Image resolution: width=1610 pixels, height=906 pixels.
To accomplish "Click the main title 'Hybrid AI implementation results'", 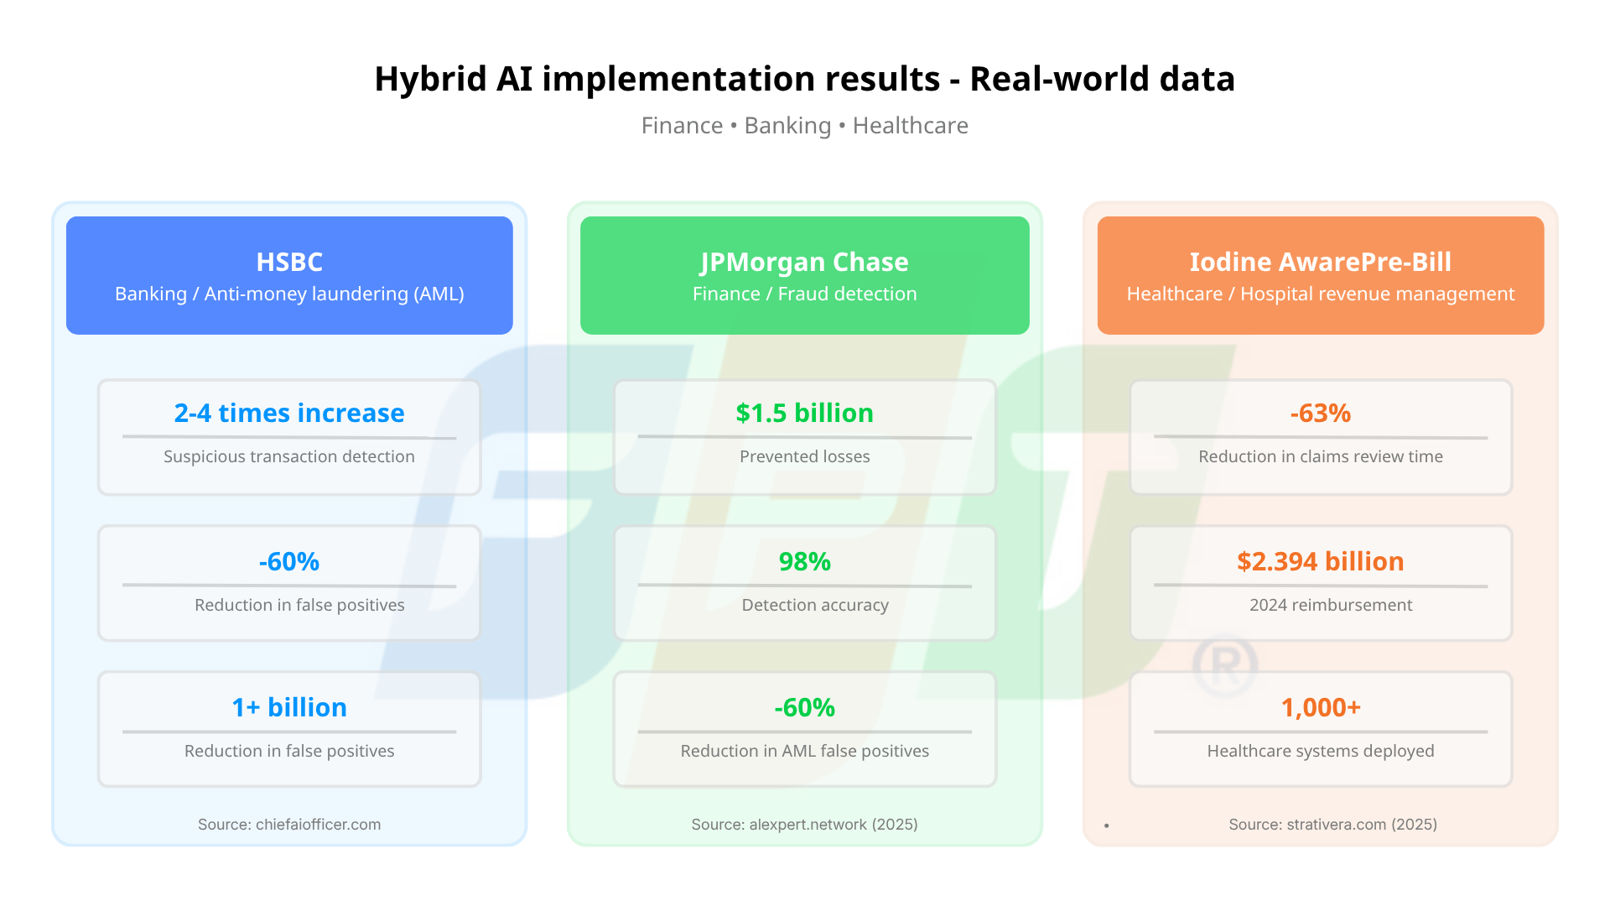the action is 657,79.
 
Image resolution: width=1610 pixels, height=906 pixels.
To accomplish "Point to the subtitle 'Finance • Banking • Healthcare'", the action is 805,126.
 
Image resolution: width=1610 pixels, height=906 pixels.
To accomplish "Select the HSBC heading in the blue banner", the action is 289,262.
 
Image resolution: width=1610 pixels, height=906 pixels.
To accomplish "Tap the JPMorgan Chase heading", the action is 805,262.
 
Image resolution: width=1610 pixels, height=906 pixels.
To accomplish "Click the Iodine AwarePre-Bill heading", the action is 1321,262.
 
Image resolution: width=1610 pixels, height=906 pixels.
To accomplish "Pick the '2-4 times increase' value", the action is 289,413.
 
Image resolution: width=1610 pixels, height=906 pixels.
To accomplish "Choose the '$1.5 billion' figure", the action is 805,413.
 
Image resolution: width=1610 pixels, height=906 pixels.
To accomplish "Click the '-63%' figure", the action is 1321,413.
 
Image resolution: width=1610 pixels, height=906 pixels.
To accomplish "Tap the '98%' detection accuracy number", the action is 805,561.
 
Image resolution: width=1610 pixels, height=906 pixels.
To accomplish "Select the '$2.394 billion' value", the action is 1321,561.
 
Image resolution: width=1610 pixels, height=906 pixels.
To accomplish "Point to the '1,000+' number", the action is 1321,707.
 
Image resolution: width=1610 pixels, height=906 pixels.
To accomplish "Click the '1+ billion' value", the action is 289,707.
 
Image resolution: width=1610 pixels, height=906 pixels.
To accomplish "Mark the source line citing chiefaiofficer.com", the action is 289,825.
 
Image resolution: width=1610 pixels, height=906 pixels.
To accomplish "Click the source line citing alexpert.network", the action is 805,825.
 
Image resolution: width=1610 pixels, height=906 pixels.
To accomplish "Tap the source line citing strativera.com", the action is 1333,825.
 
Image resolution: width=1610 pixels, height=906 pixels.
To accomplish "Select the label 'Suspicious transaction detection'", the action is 289,456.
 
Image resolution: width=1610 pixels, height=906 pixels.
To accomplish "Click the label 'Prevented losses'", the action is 805,456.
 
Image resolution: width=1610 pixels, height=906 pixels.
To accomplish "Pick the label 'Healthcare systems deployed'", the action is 1321,751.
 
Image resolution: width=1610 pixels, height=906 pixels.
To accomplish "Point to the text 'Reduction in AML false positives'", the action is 805,751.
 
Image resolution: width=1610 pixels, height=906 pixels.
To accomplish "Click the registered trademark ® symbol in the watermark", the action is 1225,666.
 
